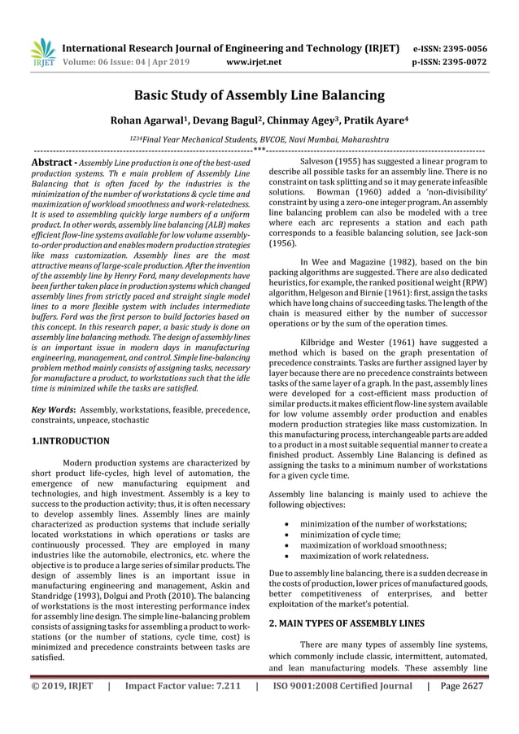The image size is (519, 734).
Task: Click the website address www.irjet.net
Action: pyautogui.click(x=256, y=60)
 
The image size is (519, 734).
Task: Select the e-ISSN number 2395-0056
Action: pyautogui.click(x=462, y=47)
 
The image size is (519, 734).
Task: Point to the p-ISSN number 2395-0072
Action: pyautogui.click(x=462, y=60)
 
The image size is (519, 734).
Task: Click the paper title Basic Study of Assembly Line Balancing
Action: pyautogui.click(x=259, y=95)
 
